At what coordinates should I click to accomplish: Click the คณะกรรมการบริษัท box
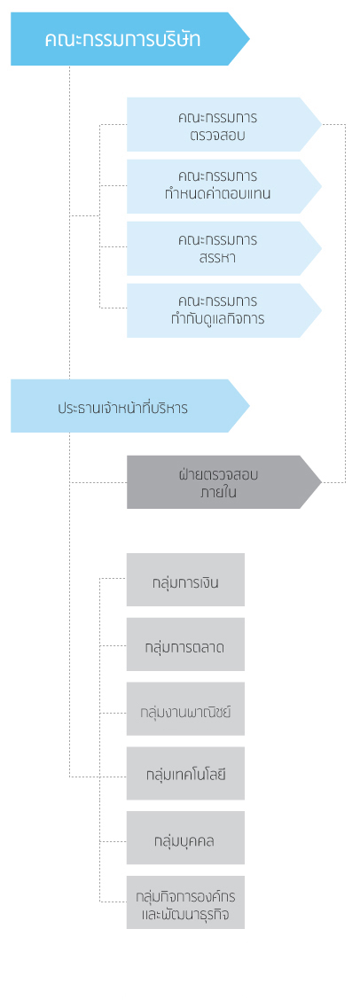point(129,38)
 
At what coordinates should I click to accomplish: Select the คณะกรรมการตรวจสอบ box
point(223,125)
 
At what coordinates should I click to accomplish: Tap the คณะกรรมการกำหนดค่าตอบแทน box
point(223,186)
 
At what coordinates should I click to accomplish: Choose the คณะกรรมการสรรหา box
point(223,248)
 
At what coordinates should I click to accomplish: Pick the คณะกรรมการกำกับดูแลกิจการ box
point(223,310)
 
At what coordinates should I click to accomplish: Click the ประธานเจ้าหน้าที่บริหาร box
point(129,406)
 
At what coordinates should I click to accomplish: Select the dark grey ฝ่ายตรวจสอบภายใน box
point(223,482)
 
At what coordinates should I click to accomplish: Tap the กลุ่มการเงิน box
point(186,580)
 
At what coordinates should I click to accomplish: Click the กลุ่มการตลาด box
point(186,644)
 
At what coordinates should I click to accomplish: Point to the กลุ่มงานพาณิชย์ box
point(186,709)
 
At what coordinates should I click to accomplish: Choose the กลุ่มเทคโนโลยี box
point(186,773)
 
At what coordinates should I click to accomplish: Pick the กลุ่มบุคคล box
point(186,838)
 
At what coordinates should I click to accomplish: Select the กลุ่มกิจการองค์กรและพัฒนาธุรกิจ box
point(186,902)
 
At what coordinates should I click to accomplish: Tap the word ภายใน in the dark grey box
point(218,493)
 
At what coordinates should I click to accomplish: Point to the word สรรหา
point(218,259)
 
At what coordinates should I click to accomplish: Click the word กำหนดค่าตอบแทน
point(218,193)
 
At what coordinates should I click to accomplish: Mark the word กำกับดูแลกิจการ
point(218,317)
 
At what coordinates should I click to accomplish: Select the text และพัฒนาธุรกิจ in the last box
point(185,913)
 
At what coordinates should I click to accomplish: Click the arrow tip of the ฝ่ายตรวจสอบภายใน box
point(321,482)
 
